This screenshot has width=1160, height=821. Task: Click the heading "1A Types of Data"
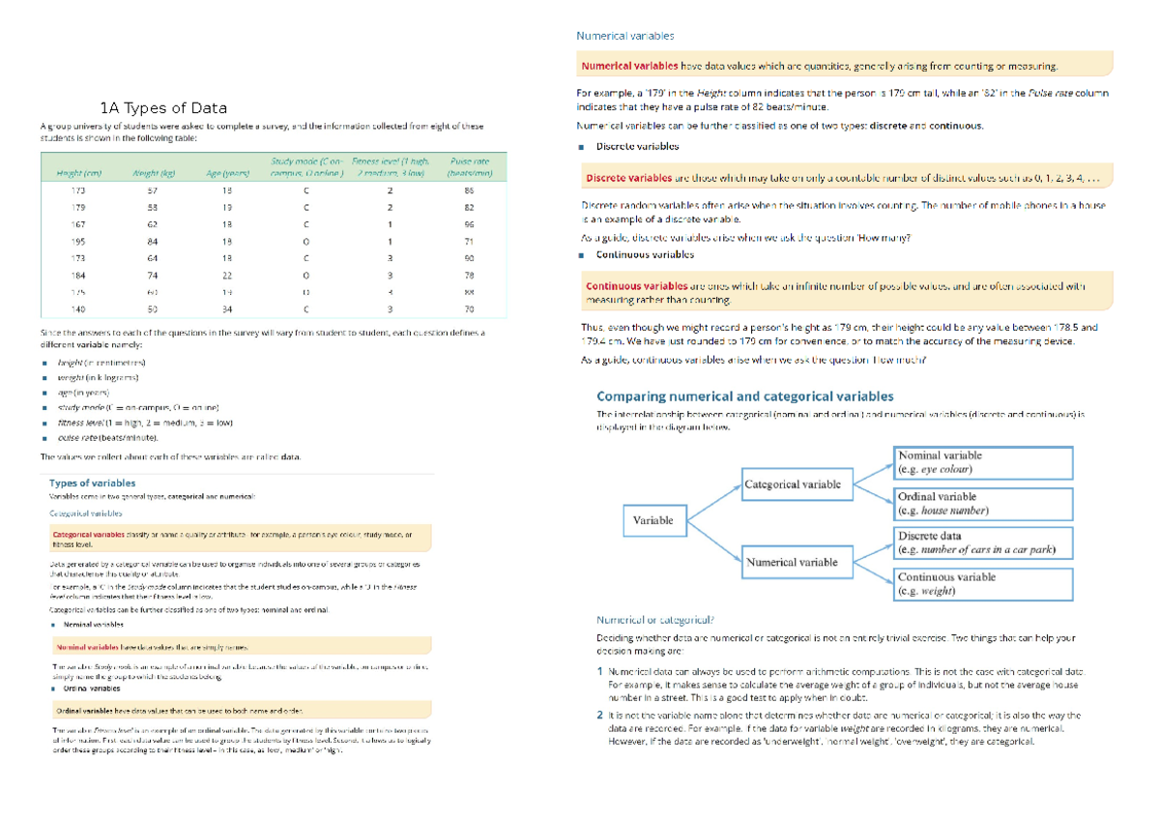pos(164,107)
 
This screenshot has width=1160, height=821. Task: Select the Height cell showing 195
pos(78,241)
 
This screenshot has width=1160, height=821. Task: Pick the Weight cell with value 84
pos(153,241)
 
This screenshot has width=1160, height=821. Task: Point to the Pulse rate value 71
pos(469,241)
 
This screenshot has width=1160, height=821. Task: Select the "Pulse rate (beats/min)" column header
pos(469,167)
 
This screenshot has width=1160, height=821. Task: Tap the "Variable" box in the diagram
pos(652,520)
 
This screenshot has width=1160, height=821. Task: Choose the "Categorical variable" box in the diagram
pos(792,484)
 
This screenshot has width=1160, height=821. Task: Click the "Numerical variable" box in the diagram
pos(791,561)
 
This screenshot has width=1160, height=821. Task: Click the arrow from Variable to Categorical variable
pos(713,502)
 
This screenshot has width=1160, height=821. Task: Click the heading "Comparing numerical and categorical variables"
pos(744,396)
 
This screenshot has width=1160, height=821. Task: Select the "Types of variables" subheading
pos(92,483)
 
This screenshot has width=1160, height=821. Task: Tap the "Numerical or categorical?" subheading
pos(654,620)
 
